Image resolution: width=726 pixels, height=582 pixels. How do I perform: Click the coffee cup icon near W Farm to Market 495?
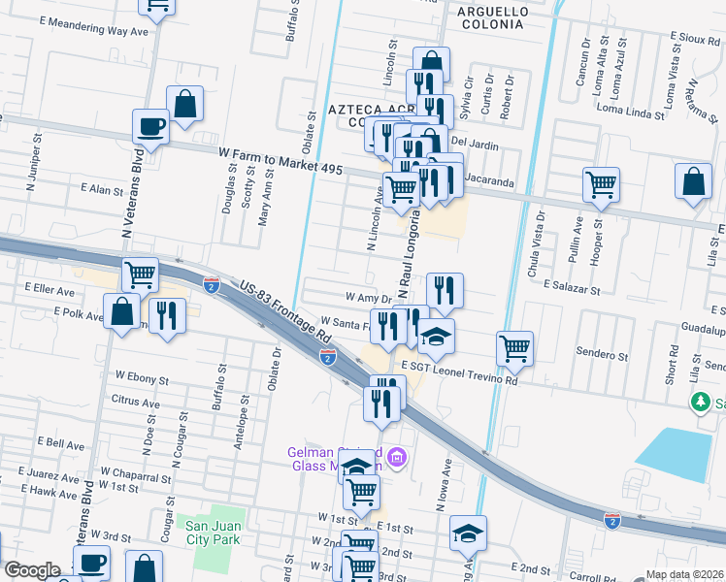tap(150, 126)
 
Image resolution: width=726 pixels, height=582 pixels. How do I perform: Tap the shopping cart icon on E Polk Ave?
tap(141, 275)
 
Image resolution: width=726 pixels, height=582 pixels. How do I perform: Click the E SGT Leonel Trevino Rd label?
tap(459, 374)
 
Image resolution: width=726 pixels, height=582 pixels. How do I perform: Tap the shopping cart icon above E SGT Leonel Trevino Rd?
tap(513, 348)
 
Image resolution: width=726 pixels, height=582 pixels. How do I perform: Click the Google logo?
tap(32, 570)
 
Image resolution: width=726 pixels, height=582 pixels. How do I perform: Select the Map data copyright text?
tap(684, 574)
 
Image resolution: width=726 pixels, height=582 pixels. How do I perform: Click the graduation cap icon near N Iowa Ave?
tap(468, 533)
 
